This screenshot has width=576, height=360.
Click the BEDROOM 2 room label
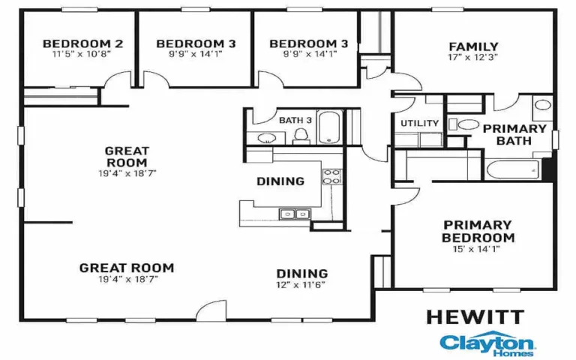(82, 43)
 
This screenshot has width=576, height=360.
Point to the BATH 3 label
(295, 120)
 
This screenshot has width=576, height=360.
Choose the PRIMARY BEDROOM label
(478, 231)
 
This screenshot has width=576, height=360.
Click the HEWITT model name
(475, 316)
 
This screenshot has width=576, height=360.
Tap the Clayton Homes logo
(488, 343)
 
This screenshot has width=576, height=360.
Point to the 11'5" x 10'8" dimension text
(82, 54)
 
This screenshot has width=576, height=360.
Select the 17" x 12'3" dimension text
(473, 56)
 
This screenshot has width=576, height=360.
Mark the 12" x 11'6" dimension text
(301, 284)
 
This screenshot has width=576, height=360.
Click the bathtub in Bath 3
(330, 127)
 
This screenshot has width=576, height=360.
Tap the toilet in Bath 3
(301, 134)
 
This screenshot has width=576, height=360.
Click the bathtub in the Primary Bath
(513, 169)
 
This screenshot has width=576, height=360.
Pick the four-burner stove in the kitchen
(331, 177)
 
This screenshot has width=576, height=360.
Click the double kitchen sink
(293, 214)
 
